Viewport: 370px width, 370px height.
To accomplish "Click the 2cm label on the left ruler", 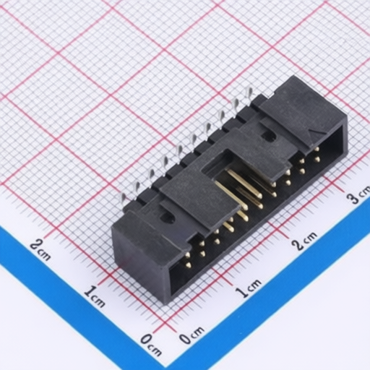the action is pos(40,250).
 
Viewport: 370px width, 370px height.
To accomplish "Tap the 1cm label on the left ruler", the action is pos(95,297).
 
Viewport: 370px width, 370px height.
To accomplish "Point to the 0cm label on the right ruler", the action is pos(192,335).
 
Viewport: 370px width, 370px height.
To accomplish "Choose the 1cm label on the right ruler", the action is pos(249,288).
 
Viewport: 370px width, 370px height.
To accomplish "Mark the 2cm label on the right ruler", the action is pos(304,241).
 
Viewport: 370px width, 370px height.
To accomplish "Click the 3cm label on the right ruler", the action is pos(358,194).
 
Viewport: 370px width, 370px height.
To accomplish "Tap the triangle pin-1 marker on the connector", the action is pos(313,133).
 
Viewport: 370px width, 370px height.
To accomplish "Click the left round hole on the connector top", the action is pos(166,217).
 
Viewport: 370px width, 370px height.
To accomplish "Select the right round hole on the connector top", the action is pos(269,135).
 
